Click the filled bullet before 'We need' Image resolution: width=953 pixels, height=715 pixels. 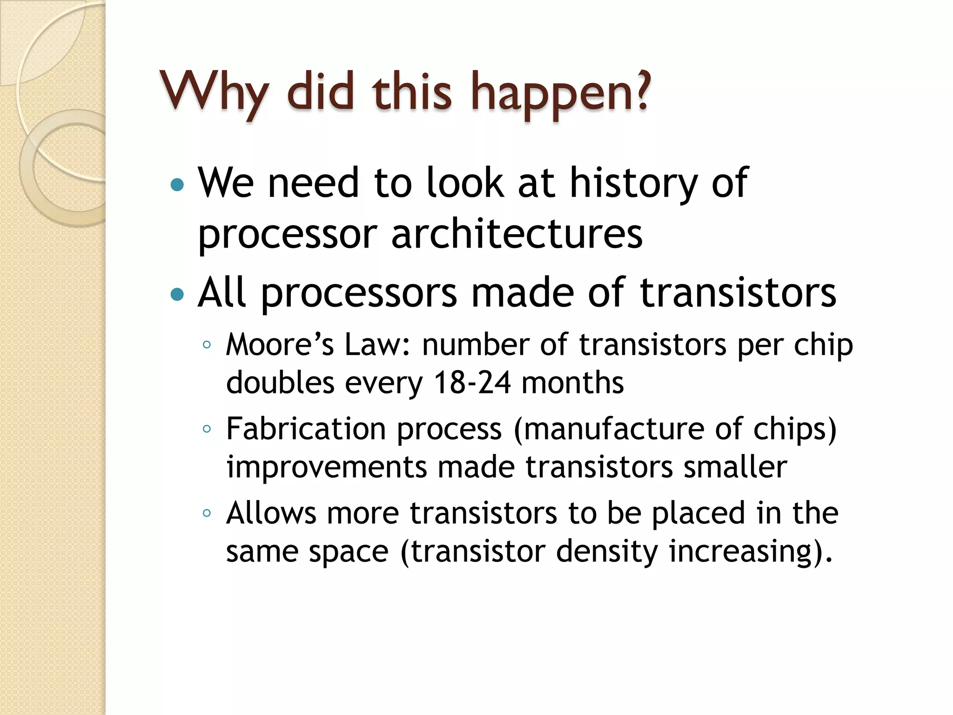pos(177,185)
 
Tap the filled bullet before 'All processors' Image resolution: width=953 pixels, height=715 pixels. pos(177,295)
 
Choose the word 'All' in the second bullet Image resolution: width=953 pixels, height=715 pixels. pos(221,293)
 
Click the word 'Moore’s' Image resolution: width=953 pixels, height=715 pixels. pos(280,345)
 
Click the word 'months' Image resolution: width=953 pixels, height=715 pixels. pos(572,383)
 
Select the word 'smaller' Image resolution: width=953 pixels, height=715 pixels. pos(735,467)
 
